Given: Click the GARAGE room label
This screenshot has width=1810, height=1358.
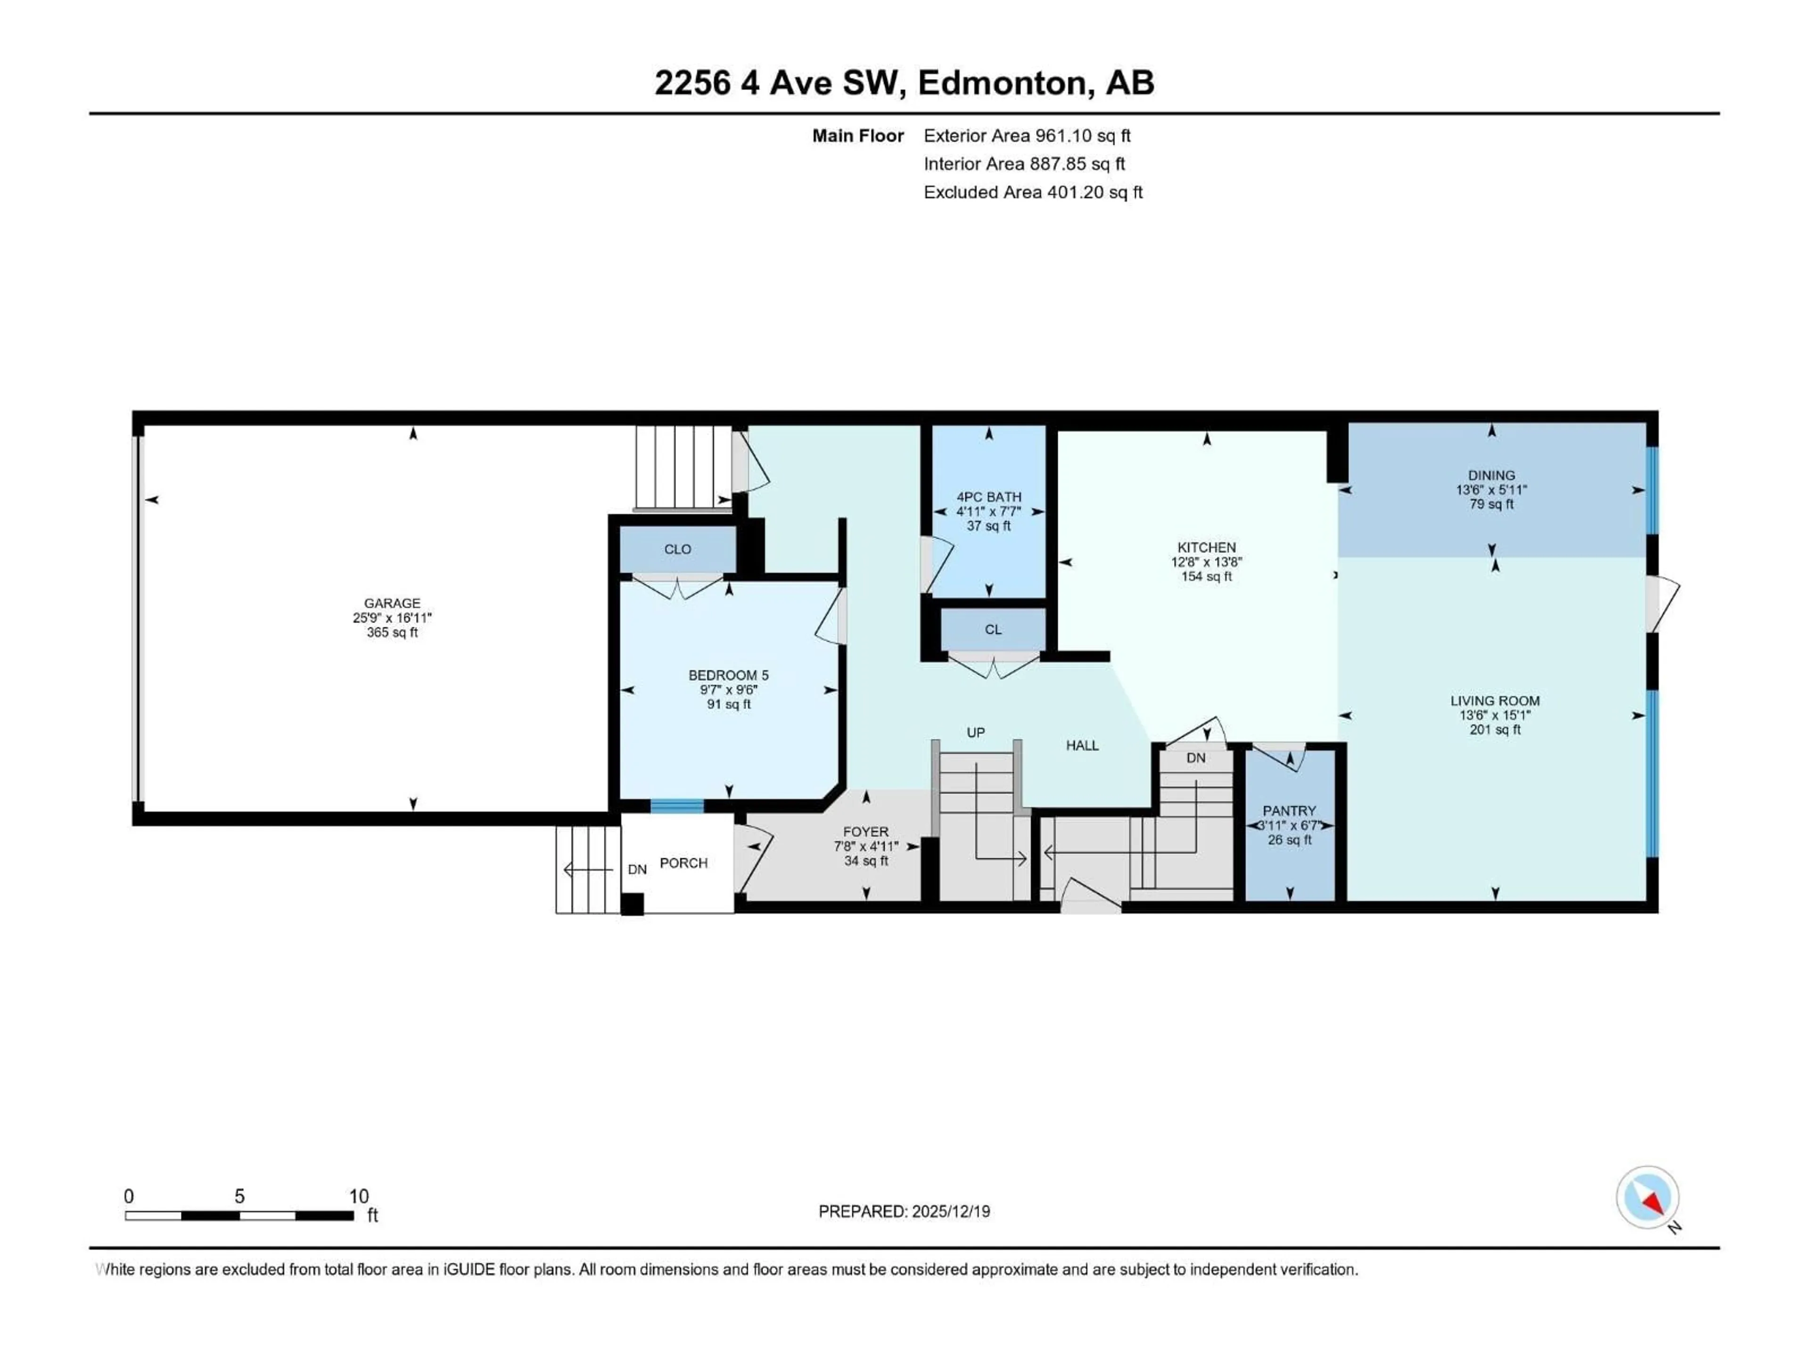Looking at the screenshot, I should (392, 603).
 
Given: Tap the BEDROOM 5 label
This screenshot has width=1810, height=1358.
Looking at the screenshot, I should (728, 675).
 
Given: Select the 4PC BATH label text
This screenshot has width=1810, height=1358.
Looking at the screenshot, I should (988, 497).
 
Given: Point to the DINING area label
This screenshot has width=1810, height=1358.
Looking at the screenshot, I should (1491, 475).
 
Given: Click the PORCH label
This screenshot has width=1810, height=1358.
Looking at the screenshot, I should (683, 863).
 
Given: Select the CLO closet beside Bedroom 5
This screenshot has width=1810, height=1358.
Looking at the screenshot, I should (677, 549).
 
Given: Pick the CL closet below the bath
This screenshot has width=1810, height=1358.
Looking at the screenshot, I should (993, 629).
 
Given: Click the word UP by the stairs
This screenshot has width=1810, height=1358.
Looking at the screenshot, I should (975, 733).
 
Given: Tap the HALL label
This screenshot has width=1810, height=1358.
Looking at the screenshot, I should (1082, 745).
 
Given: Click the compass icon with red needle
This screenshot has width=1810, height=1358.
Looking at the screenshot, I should (1647, 1198).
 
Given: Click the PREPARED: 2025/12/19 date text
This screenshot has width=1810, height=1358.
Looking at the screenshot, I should (904, 1211).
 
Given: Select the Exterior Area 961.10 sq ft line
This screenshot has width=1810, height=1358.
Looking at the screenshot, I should (1027, 136).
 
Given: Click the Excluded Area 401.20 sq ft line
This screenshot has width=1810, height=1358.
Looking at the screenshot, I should (1033, 192).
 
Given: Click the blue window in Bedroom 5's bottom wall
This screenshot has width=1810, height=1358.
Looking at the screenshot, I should (677, 806).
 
